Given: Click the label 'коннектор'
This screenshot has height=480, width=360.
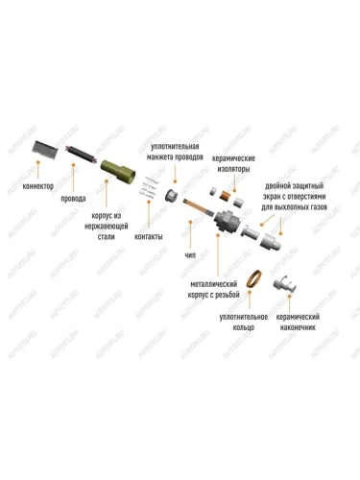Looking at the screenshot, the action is click(38, 186).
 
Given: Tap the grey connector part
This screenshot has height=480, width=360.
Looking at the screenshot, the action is click(45, 149).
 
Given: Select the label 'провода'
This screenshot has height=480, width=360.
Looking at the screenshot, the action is click(73, 199).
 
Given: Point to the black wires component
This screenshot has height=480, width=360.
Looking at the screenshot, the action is click(82, 154).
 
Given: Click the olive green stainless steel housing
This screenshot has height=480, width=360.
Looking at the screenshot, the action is click(118, 171).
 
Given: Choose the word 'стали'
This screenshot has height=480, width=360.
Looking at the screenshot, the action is click(106, 237).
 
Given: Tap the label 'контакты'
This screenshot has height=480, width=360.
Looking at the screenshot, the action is click(149, 236).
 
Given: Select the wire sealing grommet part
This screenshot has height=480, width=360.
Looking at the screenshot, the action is click(172, 195).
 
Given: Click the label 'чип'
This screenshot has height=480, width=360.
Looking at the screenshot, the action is click(190, 255).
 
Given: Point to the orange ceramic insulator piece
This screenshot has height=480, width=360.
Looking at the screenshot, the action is click(227, 197).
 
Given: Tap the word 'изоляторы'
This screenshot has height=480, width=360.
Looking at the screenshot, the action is click(233, 169).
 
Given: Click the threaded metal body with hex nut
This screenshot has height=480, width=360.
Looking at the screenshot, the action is click(228, 221).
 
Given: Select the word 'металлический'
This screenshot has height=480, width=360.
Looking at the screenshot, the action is click(214, 284).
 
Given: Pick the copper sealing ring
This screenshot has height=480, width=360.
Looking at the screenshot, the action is click(253, 278).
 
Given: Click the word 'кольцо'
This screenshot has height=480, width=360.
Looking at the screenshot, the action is click(244, 327).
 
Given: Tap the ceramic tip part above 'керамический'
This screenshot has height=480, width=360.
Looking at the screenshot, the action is click(285, 284).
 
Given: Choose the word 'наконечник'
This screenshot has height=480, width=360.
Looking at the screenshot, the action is click(298, 327).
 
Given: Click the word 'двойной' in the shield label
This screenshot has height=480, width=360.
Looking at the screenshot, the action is click(277, 186).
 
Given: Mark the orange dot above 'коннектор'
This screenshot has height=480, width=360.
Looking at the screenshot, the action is click(37, 162).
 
